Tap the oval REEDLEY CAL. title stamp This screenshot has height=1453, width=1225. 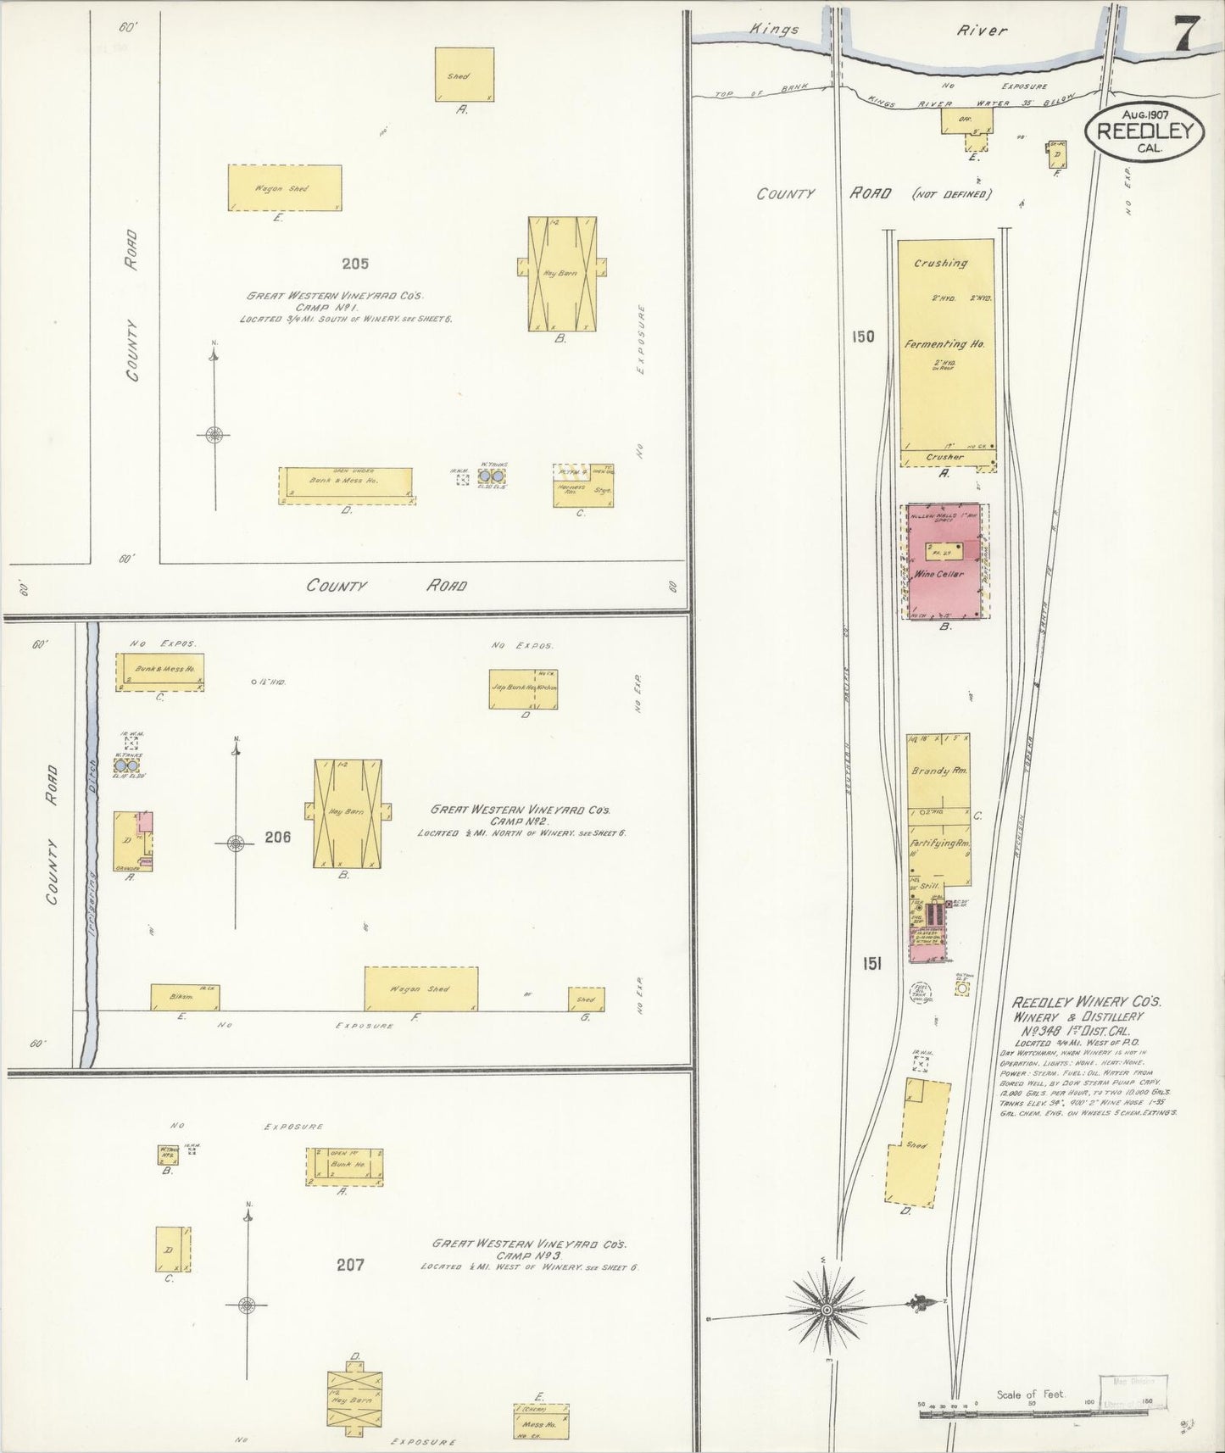click(1144, 132)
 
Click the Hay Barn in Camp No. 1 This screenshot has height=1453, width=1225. click(561, 273)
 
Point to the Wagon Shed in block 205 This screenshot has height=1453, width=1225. click(284, 188)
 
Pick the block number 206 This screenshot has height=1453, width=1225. click(277, 838)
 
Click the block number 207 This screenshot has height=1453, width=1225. click(350, 1265)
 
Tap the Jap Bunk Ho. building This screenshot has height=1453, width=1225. click(523, 689)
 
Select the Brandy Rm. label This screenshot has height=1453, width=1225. click(938, 771)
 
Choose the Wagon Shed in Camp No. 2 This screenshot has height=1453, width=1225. click(420, 988)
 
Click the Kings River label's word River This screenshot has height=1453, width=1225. click(982, 31)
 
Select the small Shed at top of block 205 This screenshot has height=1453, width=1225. click(464, 75)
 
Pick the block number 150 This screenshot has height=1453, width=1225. click(862, 337)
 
